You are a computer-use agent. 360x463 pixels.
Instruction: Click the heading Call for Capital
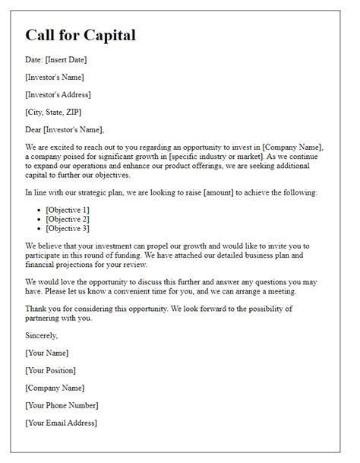81,36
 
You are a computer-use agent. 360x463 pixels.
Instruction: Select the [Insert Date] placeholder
69,60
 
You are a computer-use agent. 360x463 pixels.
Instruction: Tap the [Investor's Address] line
58,94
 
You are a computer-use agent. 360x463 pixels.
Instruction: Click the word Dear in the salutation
33,129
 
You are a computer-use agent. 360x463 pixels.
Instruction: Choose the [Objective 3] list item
68,227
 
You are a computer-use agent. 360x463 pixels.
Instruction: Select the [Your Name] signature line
46,353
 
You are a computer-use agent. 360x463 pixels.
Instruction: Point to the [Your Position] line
51,370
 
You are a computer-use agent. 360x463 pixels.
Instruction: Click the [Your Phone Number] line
62,405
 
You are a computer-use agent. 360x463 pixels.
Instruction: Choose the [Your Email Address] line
61,423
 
